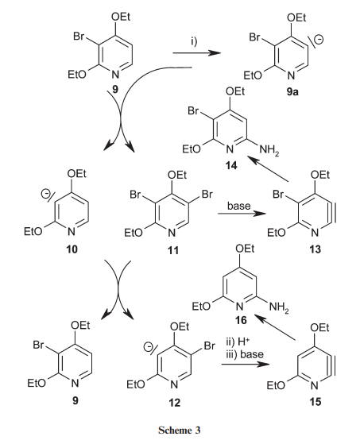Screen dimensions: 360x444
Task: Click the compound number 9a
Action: (292, 92)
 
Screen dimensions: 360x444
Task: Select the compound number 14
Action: (231, 165)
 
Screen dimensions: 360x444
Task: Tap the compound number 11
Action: (173, 250)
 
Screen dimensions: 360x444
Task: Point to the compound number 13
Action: (315, 249)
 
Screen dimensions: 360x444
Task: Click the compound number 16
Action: (241, 320)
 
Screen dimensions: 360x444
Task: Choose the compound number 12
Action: (174, 402)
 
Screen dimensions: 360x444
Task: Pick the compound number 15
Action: (315, 402)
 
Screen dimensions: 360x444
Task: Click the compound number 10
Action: (72, 249)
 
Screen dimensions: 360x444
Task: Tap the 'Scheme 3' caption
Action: (180, 430)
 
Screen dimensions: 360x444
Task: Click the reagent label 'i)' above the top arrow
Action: (194, 41)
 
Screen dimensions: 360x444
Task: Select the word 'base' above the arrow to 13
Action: (238, 206)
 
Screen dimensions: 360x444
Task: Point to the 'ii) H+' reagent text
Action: (238, 342)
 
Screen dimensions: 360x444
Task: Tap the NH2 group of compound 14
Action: (269, 149)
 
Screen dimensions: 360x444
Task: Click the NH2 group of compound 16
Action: (279, 307)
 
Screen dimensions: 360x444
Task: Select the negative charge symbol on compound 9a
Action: (319, 40)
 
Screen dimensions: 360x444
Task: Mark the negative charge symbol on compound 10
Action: (45, 194)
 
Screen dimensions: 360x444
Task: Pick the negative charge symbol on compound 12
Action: (147, 346)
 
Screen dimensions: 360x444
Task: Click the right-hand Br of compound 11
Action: (207, 195)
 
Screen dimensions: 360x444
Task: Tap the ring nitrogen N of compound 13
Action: (315, 233)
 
